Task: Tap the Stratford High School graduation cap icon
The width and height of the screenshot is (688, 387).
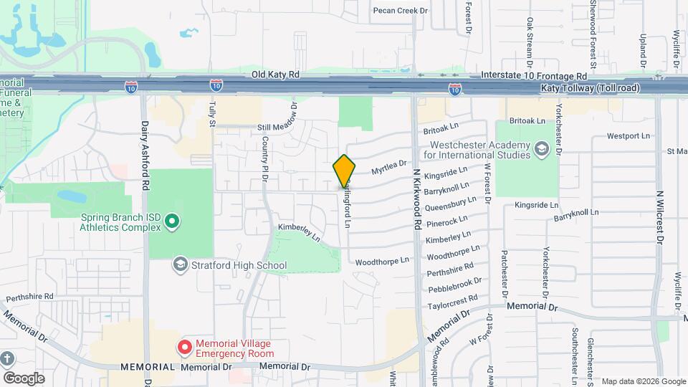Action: click(x=179, y=265)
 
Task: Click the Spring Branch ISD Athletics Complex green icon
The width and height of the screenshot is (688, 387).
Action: click(x=171, y=222)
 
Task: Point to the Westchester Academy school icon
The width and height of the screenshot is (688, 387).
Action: click(x=542, y=148)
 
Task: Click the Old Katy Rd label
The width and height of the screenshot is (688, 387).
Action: click(x=275, y=75)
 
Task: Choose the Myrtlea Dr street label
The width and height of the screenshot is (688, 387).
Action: click(x=388, y=168)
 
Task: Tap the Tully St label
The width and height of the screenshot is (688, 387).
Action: click(x=212, y=115)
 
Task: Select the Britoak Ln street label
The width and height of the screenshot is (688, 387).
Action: click(x=440, y=128)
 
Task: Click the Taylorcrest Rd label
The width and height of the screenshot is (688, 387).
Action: click(x=453, y=302)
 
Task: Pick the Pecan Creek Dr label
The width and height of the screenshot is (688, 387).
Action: click(x=400, y=11)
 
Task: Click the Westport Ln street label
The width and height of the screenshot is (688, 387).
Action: click(x=628, y=135)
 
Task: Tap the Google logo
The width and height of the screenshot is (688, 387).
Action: click(x=24, y=378)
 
